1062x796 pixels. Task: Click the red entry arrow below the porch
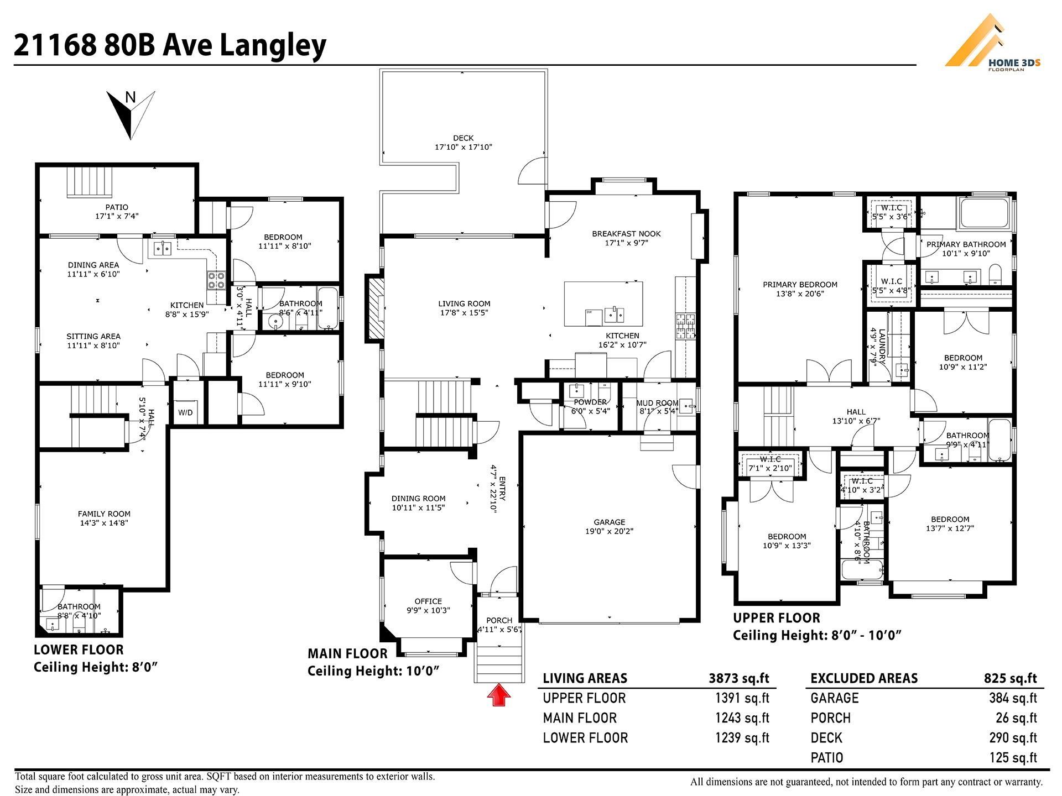pos(499,695)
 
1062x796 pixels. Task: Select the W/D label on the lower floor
pos(185,412)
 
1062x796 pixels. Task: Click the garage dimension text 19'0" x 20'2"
pos(609,531)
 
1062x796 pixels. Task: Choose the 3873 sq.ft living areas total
pos(739,678)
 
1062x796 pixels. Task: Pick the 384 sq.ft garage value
pos(1013,698)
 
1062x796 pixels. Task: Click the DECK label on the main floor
pos(463,138)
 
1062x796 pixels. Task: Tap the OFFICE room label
pos(428,601)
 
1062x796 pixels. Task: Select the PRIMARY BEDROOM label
pos(800,285)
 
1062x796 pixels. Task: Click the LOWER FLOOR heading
pos(79,650)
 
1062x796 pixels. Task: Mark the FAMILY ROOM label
pos(104,514)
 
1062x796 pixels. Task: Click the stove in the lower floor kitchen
pos(216,280)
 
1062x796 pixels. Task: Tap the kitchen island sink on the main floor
pos(614,316)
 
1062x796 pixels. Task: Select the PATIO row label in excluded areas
pos(827,758)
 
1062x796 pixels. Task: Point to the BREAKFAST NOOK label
pos(626,233)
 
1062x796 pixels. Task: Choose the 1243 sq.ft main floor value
pos(742,718)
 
